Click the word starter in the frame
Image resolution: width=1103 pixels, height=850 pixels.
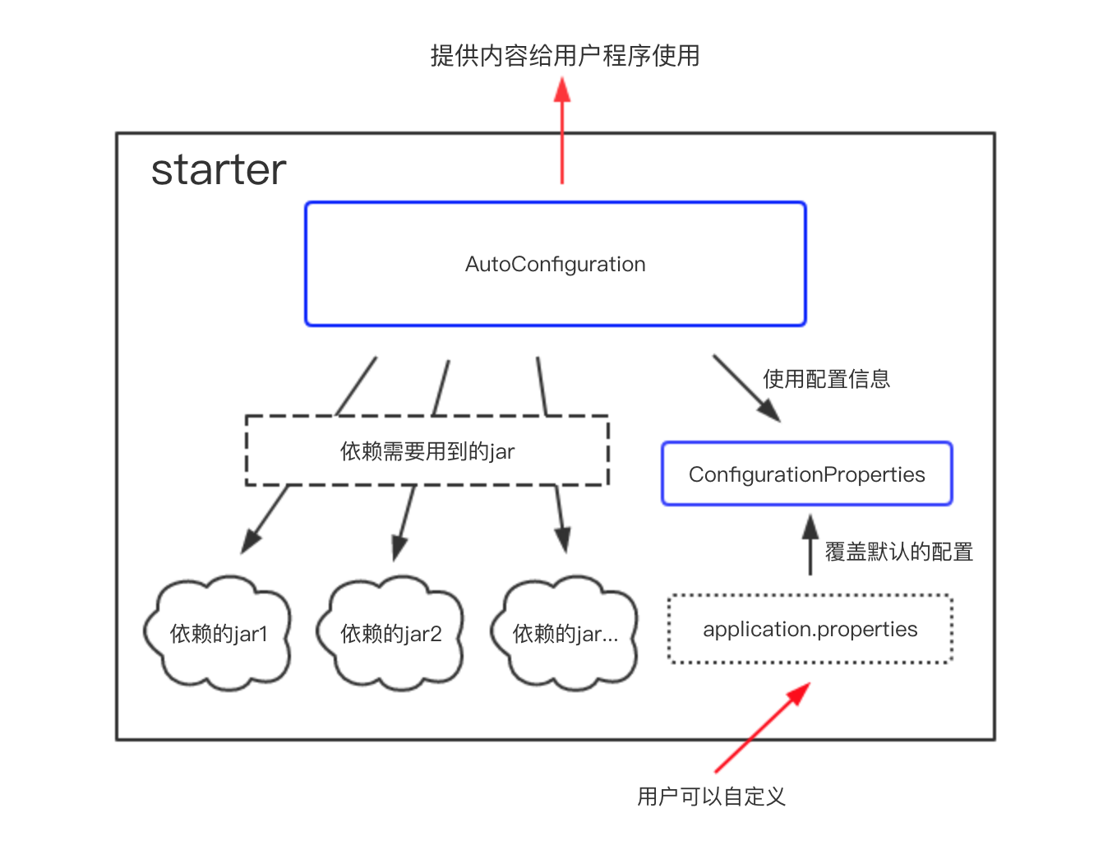pos(219,170)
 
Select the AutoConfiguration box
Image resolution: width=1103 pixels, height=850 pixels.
pos(555,264)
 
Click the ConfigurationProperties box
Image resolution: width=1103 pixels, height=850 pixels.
pos(806,474)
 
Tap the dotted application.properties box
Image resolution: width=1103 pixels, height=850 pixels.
pos(810,630)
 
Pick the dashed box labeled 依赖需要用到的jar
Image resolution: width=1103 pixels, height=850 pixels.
pos(427,451)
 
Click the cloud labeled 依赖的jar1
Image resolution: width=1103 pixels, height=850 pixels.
pos(219,634)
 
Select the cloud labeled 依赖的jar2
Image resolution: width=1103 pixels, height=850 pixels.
pos(391,634)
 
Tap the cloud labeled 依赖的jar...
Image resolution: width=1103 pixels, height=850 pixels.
pos(565,634)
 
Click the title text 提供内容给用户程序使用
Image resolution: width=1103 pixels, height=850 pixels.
pos(565,56)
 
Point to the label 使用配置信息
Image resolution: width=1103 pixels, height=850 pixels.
pos(826,379)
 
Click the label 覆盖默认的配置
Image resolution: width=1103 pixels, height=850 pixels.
pos(898,552)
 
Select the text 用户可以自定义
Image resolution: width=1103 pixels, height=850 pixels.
pos(711,797)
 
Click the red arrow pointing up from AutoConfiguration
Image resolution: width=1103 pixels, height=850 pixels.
pos(562,132)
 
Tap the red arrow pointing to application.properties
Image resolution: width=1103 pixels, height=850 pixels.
pos(762,728)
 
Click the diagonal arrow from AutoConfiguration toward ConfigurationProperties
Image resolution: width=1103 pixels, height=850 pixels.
pos(746,389)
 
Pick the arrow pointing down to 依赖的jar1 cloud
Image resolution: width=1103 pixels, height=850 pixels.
pos(265,519)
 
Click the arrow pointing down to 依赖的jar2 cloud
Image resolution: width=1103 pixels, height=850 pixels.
pos(404,524)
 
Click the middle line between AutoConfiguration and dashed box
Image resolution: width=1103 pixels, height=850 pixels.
pos(441,387)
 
